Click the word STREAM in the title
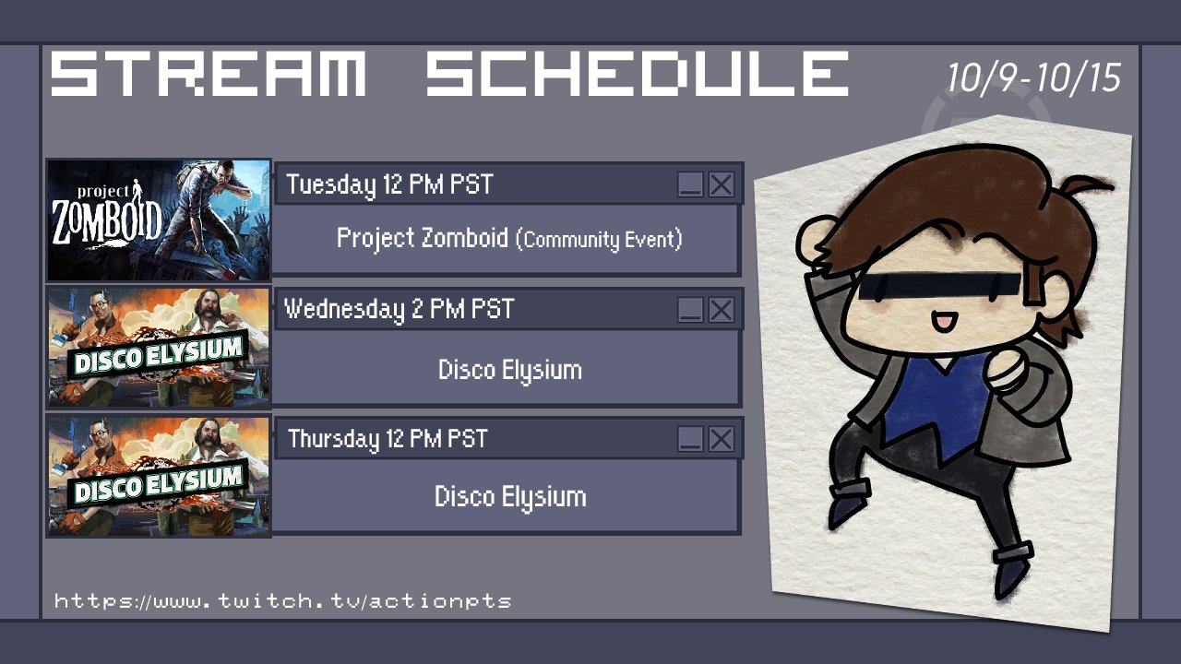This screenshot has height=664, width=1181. pos(209,73)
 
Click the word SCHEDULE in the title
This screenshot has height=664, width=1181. pos(637,73)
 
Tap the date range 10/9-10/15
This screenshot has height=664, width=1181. pos(1033,78)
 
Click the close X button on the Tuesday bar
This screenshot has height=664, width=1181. pos(721,184)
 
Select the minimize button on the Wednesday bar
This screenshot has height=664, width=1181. pos(690,309)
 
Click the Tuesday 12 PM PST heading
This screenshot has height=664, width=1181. pos(389,184)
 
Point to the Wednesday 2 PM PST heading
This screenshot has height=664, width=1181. pos(399,309)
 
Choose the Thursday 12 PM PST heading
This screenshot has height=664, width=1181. pos(388,439)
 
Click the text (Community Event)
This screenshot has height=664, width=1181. pos(599,240)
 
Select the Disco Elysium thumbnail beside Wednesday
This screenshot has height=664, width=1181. pos(159,348)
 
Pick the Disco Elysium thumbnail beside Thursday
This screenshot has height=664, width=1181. pos(159,476)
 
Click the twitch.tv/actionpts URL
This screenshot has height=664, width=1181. pos(282,600)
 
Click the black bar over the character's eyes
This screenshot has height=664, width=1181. pos(939,286)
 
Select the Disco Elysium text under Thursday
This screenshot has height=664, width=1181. pos(510,497)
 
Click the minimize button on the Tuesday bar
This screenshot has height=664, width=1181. pos(690,184)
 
